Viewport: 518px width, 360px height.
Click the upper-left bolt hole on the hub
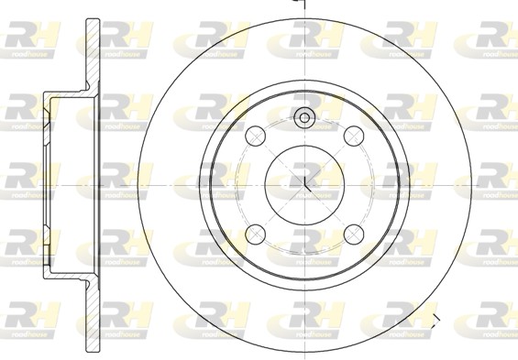[256, 136]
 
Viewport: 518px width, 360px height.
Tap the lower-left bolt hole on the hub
[256, 232]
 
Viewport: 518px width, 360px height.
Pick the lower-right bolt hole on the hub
[353, 232]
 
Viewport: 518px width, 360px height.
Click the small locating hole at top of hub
[304, 116]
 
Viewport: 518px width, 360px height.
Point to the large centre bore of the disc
[304, 181]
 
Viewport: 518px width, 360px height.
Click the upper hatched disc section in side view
[91, 55]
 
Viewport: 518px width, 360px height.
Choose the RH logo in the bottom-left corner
[29, 315]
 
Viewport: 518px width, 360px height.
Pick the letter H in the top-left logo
[44, 37]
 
